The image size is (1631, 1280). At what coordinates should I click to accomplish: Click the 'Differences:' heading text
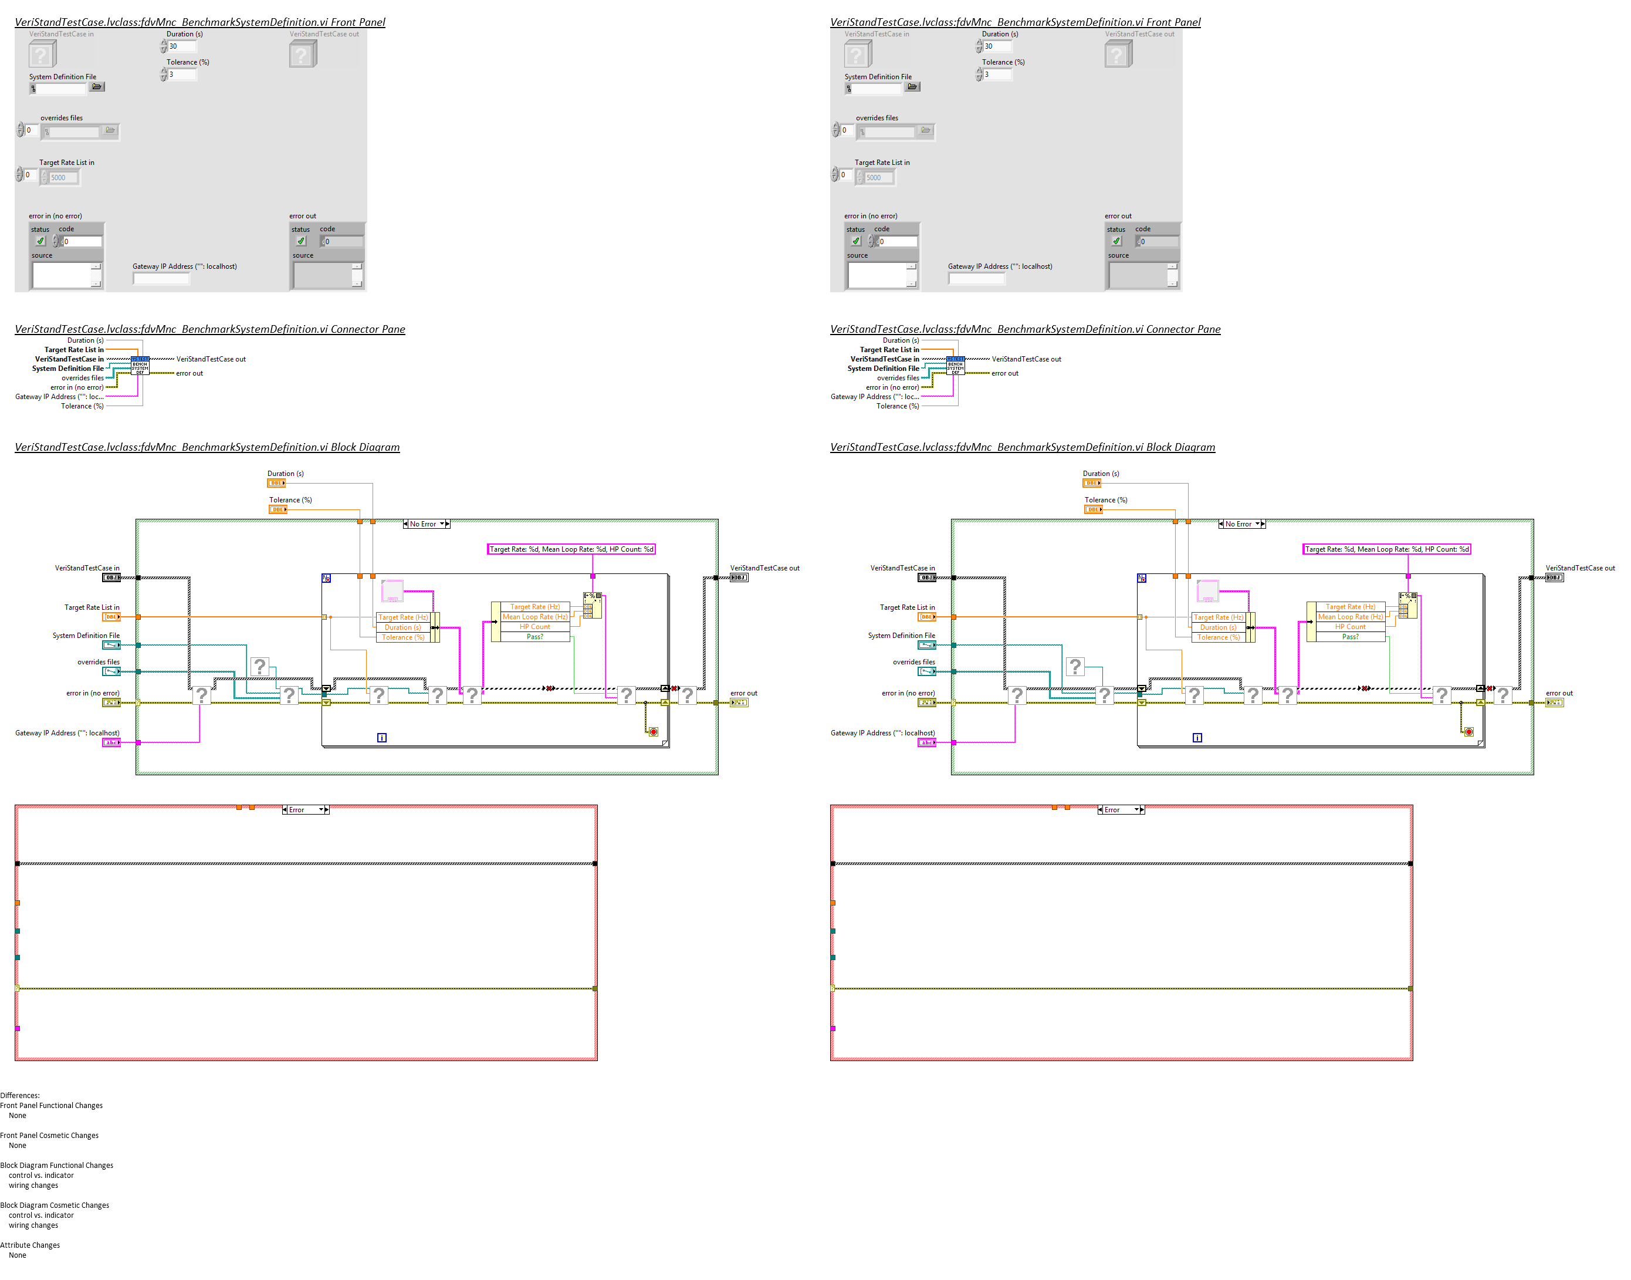[20, 1095]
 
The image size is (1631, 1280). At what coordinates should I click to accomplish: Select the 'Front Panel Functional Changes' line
[52, 1105]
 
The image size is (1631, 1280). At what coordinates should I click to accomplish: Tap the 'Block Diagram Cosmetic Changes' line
[55, 1205]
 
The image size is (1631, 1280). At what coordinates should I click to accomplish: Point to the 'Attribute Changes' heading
[30, 1245]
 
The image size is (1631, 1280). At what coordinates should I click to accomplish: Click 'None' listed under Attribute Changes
[17, 1255]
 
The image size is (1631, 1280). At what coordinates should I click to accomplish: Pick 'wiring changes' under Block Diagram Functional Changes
[33, 1186]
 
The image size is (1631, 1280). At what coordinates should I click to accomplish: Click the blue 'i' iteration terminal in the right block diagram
[1197, 738]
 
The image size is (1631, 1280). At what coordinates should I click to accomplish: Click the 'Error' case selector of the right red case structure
[1121, 810]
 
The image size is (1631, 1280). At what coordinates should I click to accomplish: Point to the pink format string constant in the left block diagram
[571, 549]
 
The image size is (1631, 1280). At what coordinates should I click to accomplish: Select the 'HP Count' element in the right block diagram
[1350, 627]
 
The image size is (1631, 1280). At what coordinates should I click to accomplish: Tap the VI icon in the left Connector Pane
[140, 366]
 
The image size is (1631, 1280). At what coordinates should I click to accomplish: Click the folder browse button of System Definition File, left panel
[97, 87]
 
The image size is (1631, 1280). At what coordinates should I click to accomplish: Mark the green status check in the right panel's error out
[1116, 241]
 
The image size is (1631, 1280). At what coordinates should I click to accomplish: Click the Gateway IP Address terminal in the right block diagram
[927, 742]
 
